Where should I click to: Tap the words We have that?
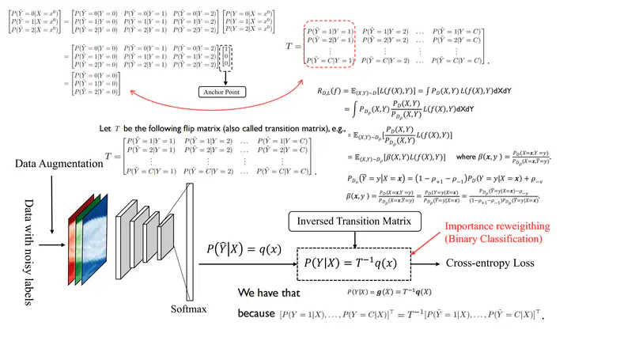tap(278, 291)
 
